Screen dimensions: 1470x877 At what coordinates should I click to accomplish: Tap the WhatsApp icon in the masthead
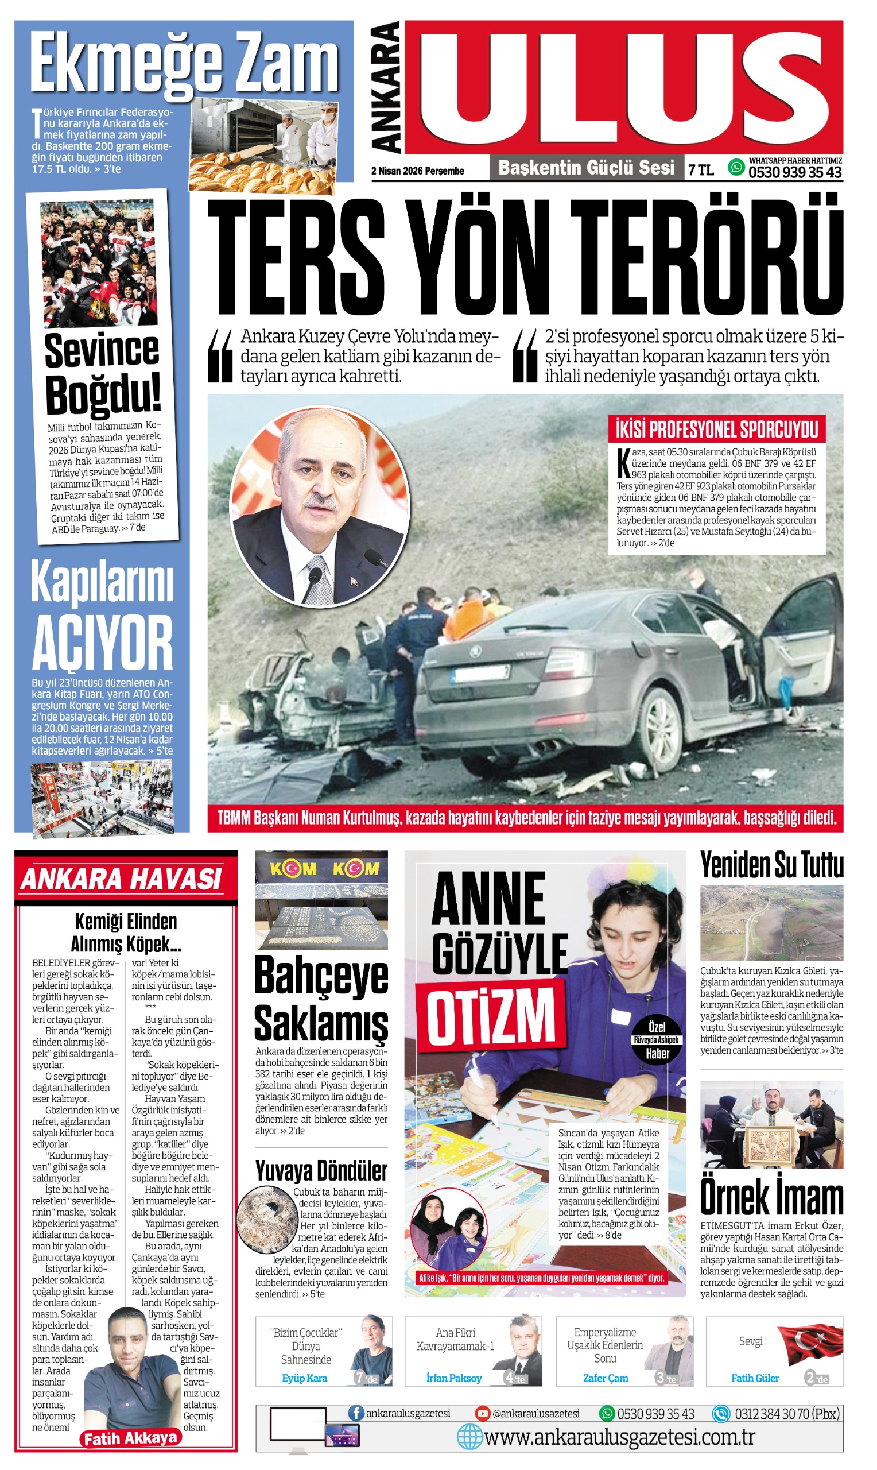(x=736, y=167)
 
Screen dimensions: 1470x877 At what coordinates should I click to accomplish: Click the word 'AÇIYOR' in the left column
(x=102, y=643)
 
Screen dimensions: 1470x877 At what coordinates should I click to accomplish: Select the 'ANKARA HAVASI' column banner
(x=122, y=879)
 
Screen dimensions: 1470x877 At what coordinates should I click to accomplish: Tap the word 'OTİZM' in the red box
(x=492, y=1015)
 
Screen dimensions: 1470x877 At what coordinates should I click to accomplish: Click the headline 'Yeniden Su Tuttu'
(x=771, y=865)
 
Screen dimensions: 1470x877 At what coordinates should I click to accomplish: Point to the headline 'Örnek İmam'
(x=771, y=1197)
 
